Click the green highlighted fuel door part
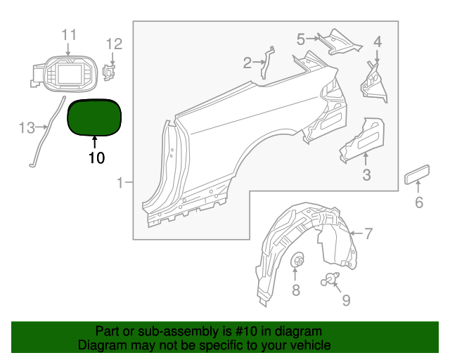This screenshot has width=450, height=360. (94, 117)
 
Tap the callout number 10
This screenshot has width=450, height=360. (96, 158)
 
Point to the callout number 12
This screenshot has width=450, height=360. (114, 44)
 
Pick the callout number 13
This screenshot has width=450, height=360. (27, 128)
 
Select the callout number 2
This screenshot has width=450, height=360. (247, 63)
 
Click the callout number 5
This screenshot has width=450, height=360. (300, 39)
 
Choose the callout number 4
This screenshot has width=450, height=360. (378, 41)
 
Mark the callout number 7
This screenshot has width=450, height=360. (368, 233)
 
